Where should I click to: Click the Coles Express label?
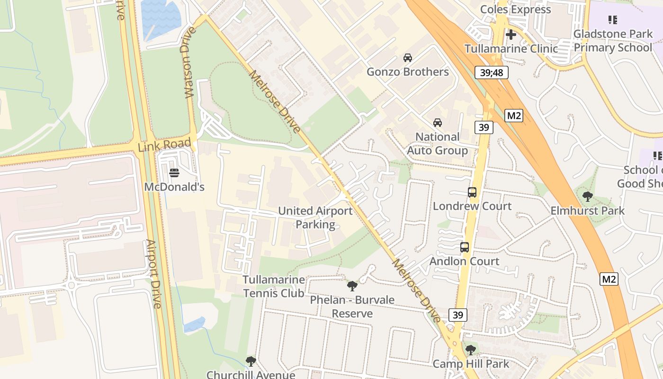tap(515, 9)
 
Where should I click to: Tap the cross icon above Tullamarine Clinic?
tap(511, 35)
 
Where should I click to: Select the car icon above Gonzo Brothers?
tap(407, 58)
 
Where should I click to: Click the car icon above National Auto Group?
tap(438, 123)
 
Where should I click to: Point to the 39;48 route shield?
tap(492, 72)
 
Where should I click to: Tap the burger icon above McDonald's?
tap(174, 173)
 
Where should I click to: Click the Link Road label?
tap(164, 144)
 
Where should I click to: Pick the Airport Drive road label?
tap(154, 274)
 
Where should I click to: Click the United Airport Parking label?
tap(315, 217)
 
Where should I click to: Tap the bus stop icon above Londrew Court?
tap(472, 192)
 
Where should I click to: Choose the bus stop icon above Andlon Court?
tap(464, 247)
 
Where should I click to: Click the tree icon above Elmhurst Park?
tap(587, 197)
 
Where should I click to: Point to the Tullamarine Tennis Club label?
tap(274, 286)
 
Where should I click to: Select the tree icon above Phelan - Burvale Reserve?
tap(352, 286)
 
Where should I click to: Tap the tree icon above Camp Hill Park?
tap(470, 350)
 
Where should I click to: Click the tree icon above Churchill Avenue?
tap(251, 361)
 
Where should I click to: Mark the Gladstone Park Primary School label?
tap(613, 41)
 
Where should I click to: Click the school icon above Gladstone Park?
tap(612, 20)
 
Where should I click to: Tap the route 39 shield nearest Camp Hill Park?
tap(458, 315)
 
